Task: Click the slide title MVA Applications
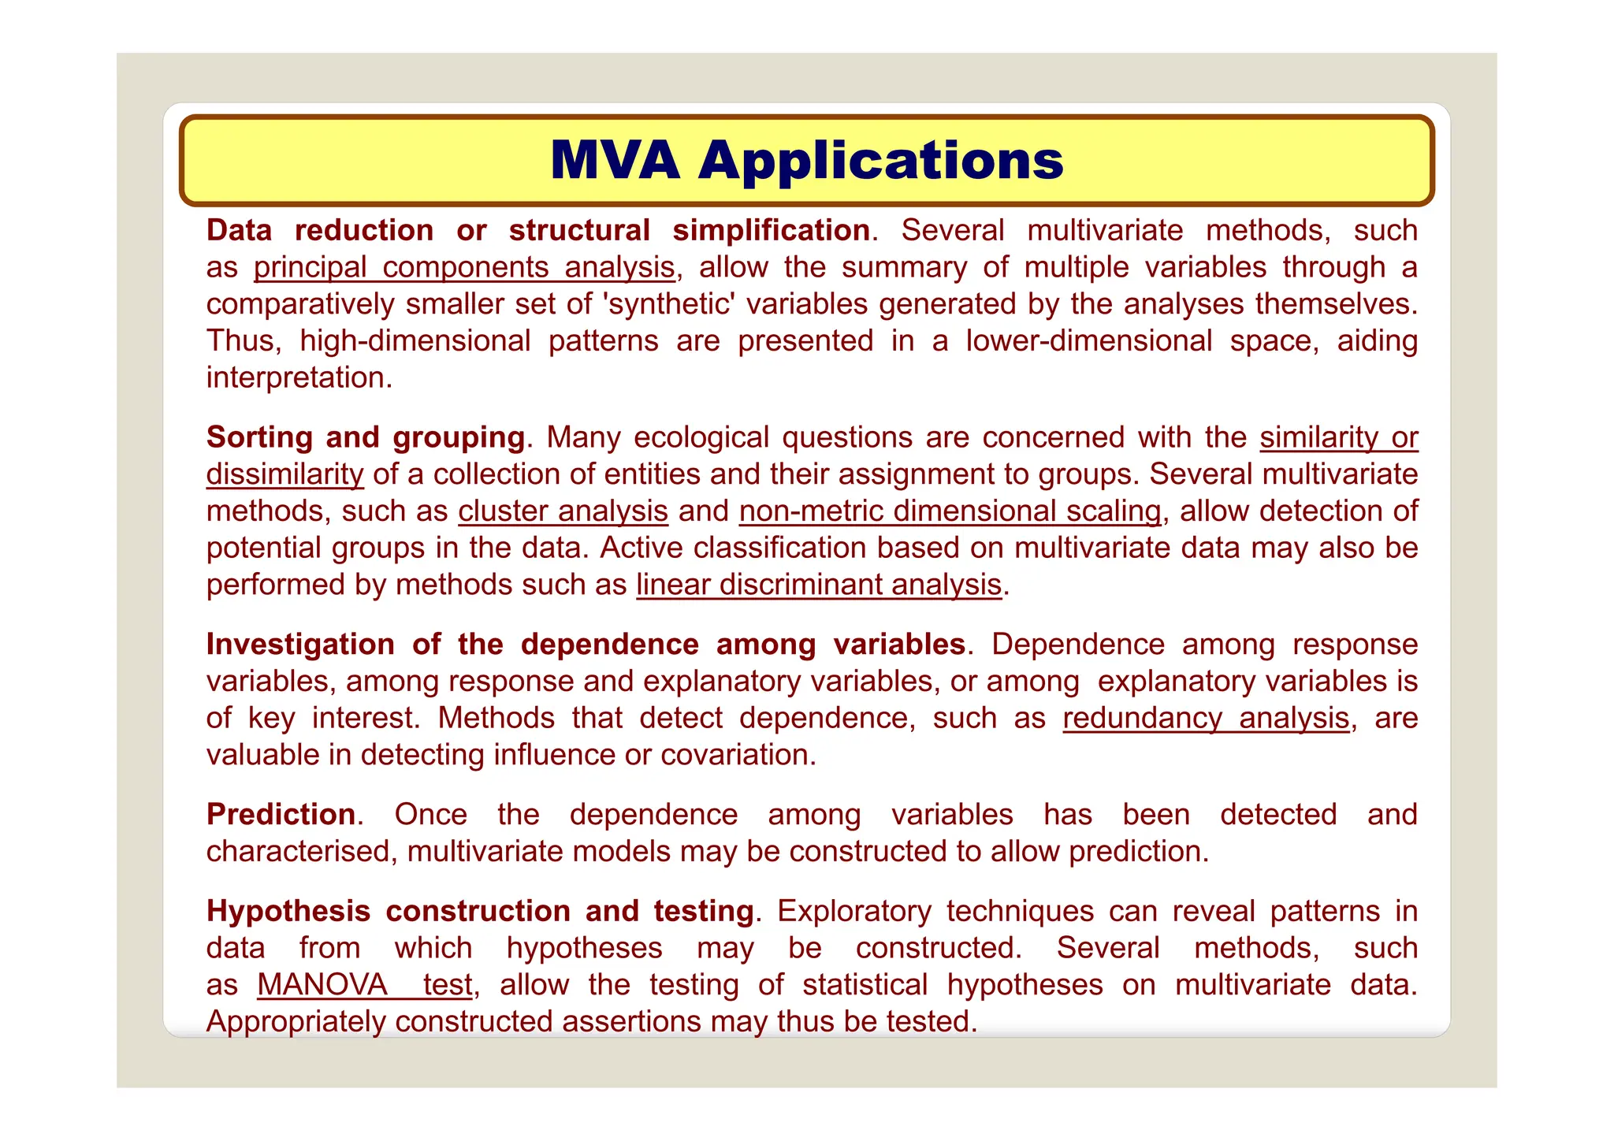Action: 806,161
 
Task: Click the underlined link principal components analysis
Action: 464,268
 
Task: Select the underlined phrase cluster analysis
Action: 563,511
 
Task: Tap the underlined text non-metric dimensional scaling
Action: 950,511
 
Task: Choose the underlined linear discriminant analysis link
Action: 819,585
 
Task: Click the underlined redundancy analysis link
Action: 1206,719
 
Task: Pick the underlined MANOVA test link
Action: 365,985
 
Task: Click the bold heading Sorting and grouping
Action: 366,437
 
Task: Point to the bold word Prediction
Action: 281,815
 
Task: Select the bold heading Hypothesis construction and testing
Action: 480,912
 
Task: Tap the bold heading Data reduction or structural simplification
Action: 538,231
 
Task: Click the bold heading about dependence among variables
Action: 586,645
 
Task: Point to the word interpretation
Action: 299,378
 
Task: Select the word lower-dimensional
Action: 1089,341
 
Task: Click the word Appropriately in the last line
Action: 296,1022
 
